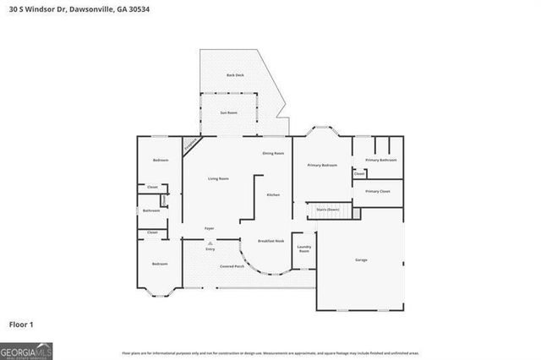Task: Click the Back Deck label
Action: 234,75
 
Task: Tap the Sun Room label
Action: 229,112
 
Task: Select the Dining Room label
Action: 273,153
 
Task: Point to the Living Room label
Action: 219,178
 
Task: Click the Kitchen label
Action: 273,195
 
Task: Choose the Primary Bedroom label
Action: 322,165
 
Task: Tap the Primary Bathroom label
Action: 380,160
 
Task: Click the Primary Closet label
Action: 378,192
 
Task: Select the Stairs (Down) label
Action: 327,209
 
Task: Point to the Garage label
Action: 361,259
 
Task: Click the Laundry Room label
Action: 303,249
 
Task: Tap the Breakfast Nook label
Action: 270,242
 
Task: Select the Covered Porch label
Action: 233,266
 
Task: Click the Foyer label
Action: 209,229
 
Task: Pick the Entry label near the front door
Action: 210,249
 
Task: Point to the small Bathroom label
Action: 151,210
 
